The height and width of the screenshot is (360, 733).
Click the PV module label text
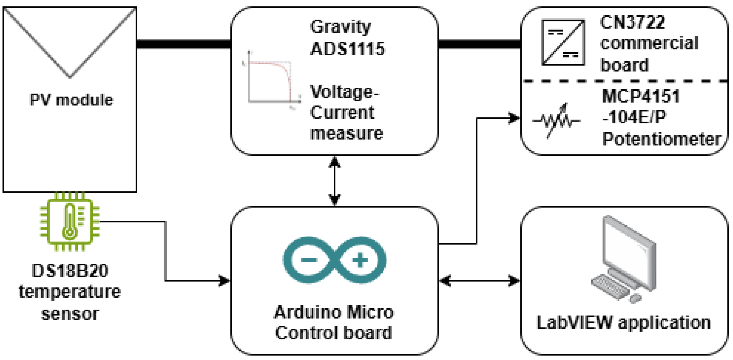(71, 100)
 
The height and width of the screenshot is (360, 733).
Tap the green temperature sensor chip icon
(70, 221)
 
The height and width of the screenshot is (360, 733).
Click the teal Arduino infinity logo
(334, 260)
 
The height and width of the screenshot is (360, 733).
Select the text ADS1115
(347, 49)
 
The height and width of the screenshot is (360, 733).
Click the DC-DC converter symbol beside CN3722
(563, 42)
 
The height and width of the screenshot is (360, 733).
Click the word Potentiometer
(661, 139)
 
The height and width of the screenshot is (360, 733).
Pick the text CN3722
(632, 22)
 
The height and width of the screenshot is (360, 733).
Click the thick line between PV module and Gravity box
(184, 44)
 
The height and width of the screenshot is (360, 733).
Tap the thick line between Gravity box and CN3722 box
(479, 44)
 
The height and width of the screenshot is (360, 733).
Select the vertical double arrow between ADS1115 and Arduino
(334, 181)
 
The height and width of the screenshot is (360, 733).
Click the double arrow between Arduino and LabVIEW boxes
(479, 281)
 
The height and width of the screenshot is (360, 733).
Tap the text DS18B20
(70, 270)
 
